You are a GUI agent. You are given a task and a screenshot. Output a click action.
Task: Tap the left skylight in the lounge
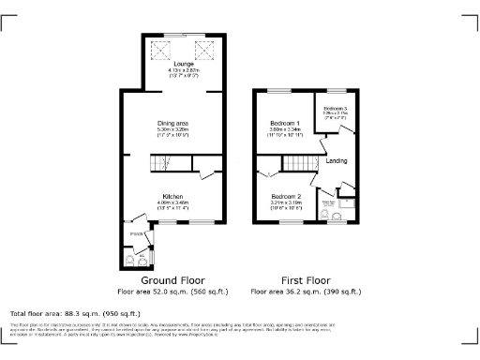pos(160,48)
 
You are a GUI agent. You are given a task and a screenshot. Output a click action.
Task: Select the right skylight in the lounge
pos(201,48)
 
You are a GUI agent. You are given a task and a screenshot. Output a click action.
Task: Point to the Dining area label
pos(173,125)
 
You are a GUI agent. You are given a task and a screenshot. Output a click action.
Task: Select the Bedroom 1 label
pos(285,124)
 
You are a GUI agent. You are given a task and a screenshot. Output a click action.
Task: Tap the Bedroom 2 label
pos(285,197)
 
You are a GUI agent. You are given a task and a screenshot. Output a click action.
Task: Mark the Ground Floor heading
pos(173,280)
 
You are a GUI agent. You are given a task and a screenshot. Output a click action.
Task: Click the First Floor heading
pos(306,280)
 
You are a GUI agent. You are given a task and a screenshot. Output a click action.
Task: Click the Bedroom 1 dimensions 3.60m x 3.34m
pos(285,130)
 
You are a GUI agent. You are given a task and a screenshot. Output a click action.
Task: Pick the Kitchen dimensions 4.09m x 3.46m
pos(173,203)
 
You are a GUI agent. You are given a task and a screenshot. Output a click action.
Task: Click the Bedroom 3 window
pos(336,89)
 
